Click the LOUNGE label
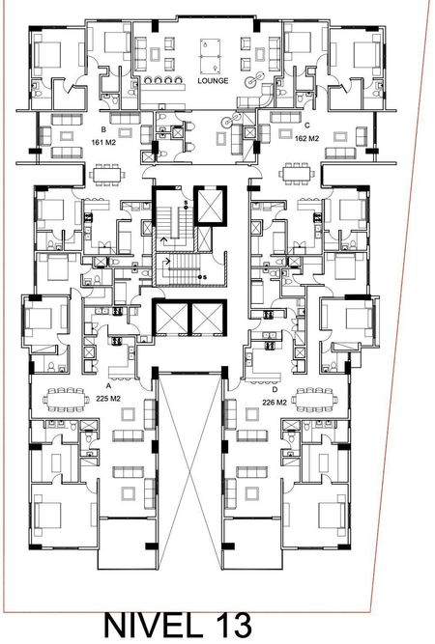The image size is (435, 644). [213, 81]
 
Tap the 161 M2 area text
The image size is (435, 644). [103, 143]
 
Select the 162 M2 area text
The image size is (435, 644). [306, 139]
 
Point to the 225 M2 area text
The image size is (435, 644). [108, 399]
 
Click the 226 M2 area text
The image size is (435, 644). [275, 403]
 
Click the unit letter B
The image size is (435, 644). [103, 129]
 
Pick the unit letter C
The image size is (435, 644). [307, 126]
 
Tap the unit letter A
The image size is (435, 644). [108, 386]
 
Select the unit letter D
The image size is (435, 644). [275, 389]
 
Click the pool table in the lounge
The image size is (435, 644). [210, 56]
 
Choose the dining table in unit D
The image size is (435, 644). [314, 399]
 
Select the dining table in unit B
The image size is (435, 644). [107, 174]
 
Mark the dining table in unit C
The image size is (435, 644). [297, 174]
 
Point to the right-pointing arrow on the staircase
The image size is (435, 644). [168, 261]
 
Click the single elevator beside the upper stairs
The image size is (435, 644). [210, 206]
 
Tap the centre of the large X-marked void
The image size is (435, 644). [189, 470]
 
